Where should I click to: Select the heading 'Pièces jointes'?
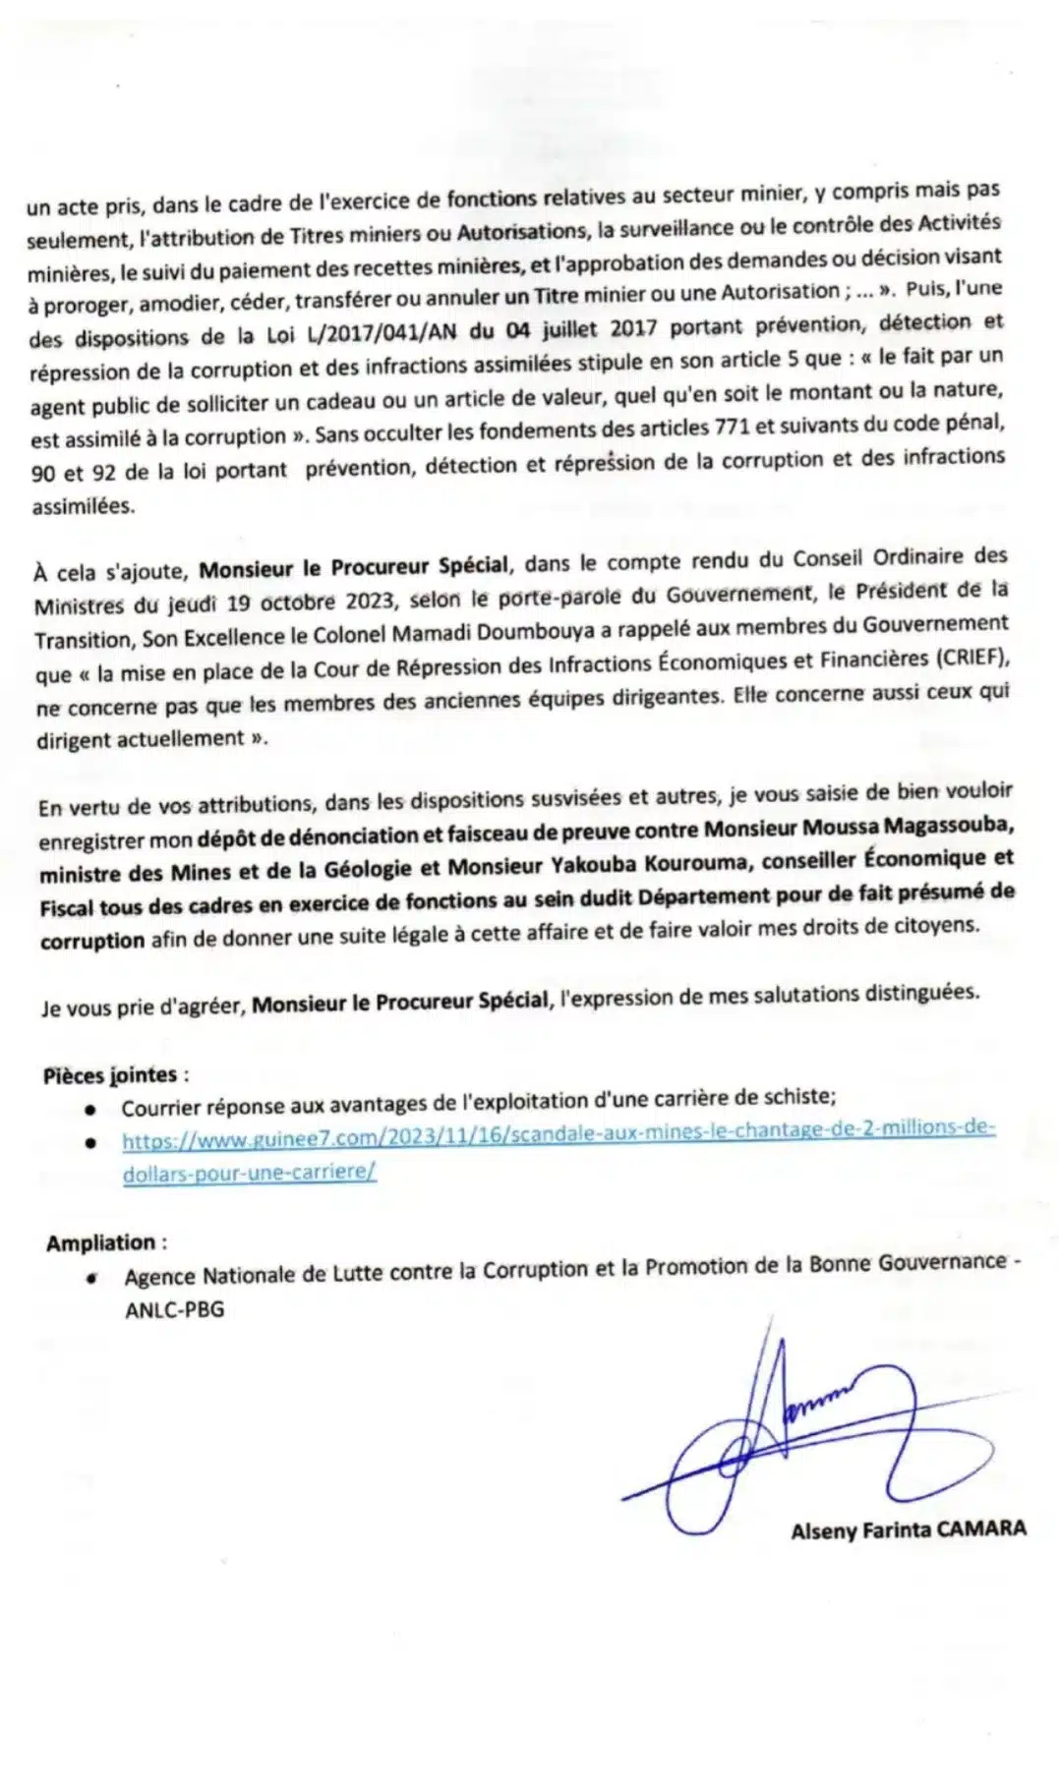[110, 1075]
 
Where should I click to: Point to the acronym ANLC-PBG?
[174, 1309]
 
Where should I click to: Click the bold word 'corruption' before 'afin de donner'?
[92, 940]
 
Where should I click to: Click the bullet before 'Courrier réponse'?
[90, 1109]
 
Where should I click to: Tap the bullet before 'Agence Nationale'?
[90, 1279]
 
